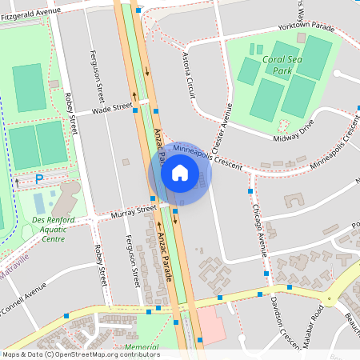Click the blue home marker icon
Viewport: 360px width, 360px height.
(x=180, y=172)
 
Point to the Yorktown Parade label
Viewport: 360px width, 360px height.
(x=305, y=26)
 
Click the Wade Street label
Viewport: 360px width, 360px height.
(x=112, y=108)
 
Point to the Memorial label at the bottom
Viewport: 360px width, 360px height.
(x=142, y=347)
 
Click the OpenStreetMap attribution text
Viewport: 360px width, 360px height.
(x=80, y=354)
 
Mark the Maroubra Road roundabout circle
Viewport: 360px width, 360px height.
(x=328, y=299)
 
